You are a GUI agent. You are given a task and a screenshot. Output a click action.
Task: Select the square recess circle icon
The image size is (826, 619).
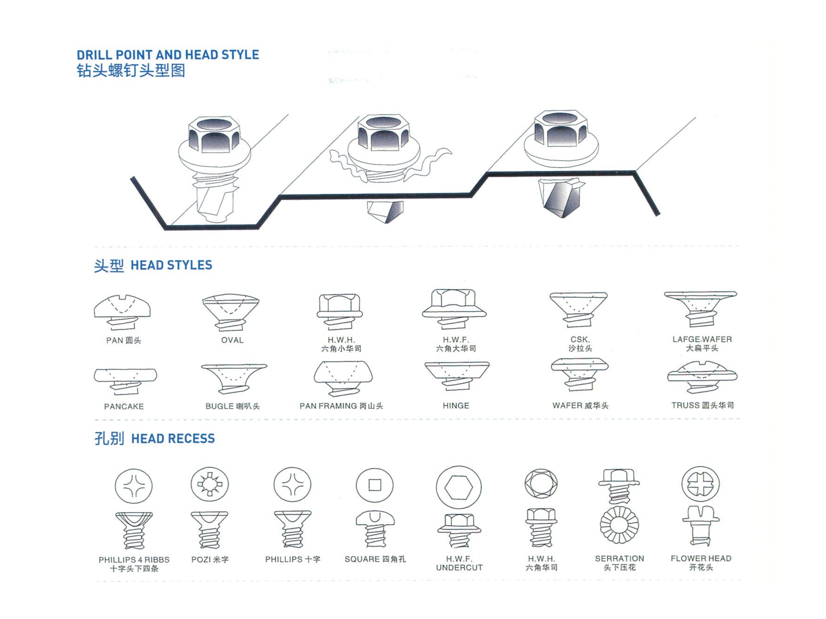point(375,485)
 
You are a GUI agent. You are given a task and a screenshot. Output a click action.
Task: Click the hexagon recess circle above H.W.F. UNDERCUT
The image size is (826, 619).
point(459,487)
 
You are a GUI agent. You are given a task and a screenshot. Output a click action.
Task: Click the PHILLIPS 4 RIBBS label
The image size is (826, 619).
point(134,560)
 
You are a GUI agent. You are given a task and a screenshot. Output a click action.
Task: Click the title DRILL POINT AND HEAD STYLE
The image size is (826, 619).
point(168,55)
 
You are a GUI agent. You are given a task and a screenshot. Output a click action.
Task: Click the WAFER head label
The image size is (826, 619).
point(580,405)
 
